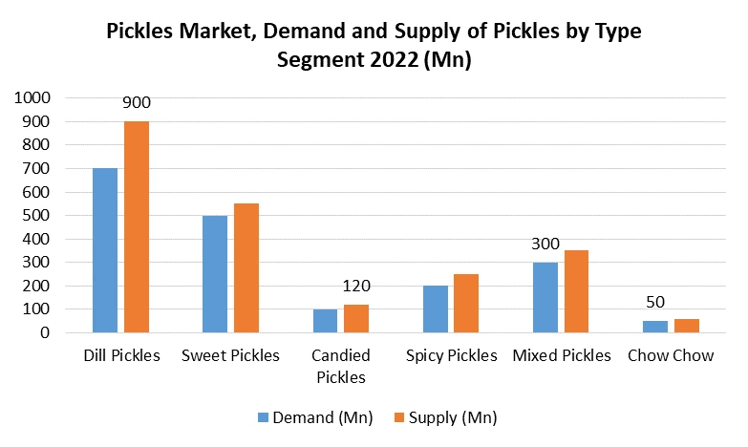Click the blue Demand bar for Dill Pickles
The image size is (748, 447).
[105, 250]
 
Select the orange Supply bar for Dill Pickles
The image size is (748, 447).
[137, 227]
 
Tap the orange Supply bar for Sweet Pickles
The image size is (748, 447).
[246, 268]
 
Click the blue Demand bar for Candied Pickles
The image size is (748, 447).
[325, 321]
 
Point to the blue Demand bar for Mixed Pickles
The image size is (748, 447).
[545, 298]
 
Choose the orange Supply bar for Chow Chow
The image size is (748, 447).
[686, 326]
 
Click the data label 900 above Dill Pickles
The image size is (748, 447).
[137, 103]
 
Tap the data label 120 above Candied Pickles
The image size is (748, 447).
[355, 286]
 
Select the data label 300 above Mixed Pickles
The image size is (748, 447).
[545, 245]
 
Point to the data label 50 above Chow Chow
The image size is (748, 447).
[654, 303]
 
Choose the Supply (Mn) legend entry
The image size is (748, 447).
[443, 416]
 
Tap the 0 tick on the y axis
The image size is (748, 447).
[44, 333]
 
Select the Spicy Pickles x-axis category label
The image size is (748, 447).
[451, 356]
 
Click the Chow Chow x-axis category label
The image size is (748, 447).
[671, 356]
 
